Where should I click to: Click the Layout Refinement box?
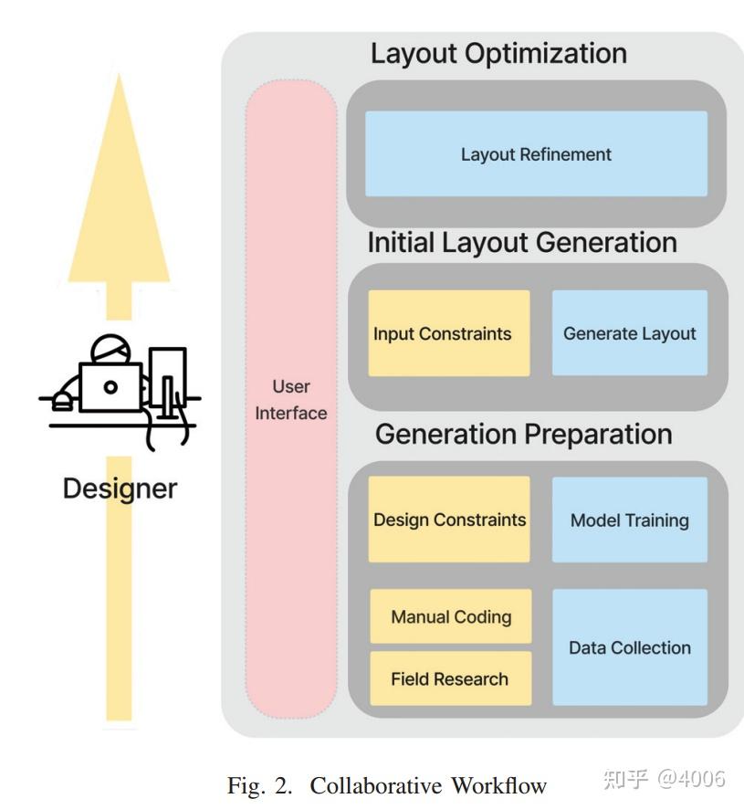536,154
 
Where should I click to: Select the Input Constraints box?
448,333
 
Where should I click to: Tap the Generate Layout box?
629,333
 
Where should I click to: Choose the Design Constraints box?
449,520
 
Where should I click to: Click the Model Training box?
629,520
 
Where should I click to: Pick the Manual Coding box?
450,617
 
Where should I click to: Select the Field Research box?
450,678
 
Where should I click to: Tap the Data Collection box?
629,647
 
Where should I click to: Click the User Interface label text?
291,400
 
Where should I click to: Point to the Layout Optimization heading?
498,53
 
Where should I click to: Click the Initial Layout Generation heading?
522,243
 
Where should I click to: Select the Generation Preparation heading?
523,434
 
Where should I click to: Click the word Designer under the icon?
120,488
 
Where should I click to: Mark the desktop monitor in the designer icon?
168,371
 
